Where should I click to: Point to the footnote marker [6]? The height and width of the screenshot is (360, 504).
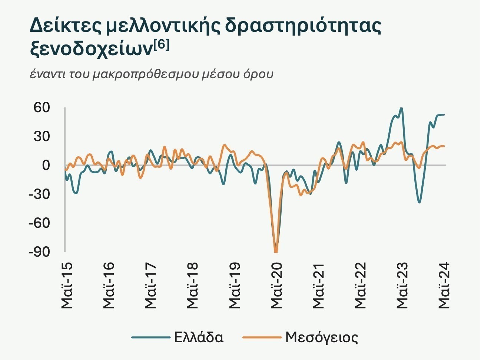[x=162, y=44]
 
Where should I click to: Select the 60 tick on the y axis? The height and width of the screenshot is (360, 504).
[x=42, y=108]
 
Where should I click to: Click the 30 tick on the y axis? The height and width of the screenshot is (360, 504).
[x=42, y=136]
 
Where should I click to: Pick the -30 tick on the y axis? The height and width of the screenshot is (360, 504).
[x=39, y=194]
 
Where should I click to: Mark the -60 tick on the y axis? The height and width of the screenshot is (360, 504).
[x=39, y=223]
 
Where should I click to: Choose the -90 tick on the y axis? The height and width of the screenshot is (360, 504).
[x=39, y=252]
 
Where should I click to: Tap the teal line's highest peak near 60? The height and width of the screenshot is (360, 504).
[x=401, y=108]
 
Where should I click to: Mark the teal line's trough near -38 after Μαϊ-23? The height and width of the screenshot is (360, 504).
[x=419, y=202]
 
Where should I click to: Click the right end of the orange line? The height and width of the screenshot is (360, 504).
[x=444, y=146]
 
